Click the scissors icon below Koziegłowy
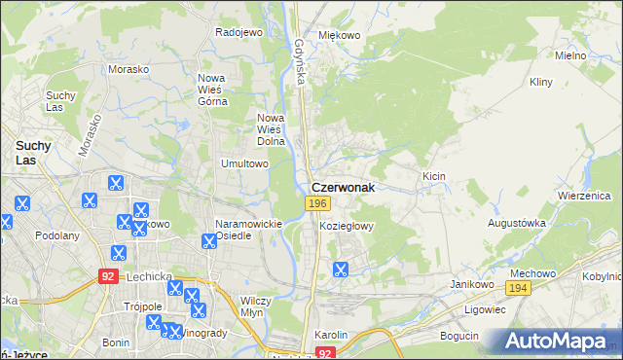[341, 270]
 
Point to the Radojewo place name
[239, 32]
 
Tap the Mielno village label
[569, 55]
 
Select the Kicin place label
[433, 175]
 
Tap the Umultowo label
[244, 163]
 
